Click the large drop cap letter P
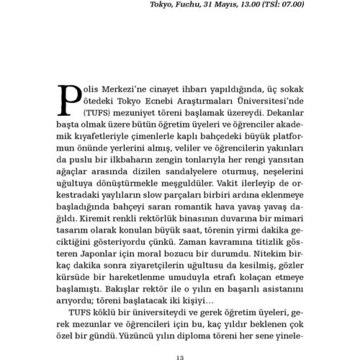(x=69, y=100)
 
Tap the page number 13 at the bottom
(x=180, y=357)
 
